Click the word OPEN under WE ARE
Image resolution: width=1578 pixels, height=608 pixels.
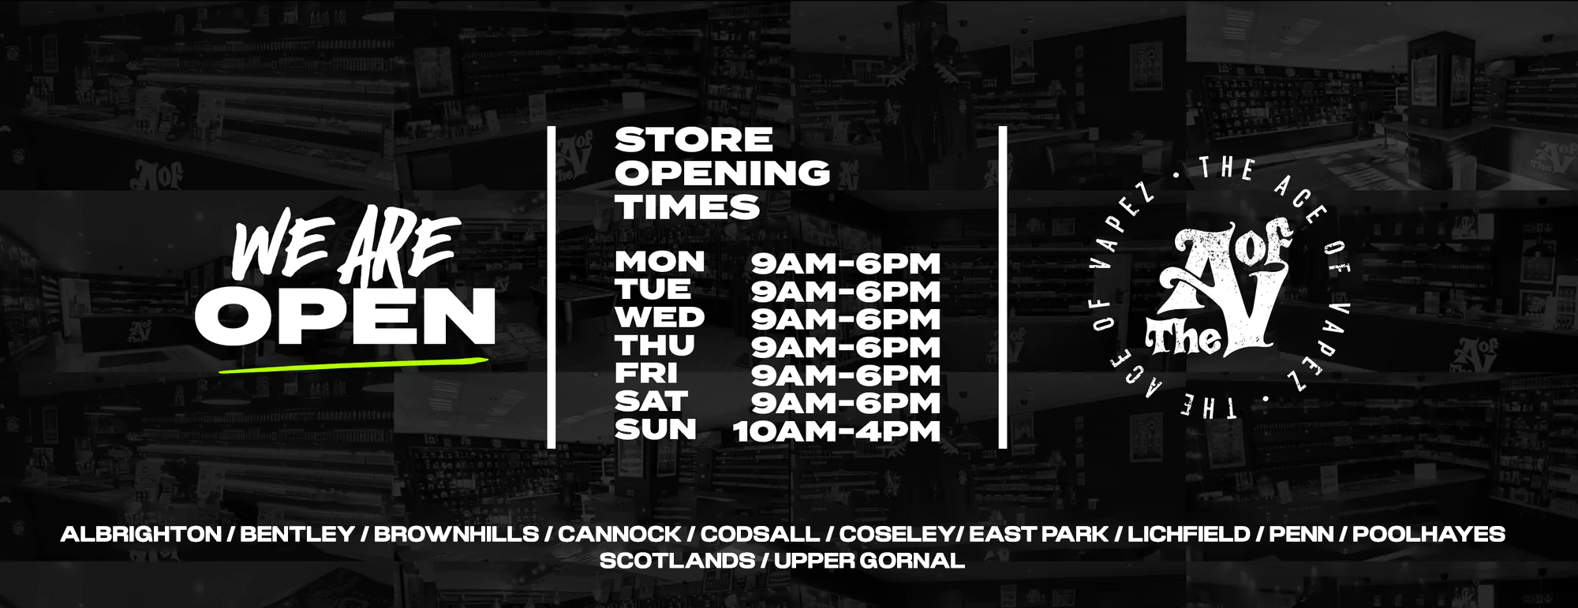point(345,315)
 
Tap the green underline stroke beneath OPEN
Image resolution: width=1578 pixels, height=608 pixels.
point(353,364)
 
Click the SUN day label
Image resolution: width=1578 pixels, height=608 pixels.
point(656,431)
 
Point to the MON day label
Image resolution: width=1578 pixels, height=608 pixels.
point(660,262)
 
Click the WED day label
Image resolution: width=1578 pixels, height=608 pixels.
point(660,318)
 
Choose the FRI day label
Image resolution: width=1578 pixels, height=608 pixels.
point(646,373)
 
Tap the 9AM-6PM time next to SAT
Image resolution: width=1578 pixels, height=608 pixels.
point(846,404)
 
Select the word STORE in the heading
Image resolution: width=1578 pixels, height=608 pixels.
point(694,140)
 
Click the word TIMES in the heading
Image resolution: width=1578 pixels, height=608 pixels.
point(687,207)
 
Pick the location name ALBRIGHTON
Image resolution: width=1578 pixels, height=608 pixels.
point(141,534)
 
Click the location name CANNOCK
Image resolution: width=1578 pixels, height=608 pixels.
point(619,534)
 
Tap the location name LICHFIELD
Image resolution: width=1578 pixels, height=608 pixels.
point(1189,534)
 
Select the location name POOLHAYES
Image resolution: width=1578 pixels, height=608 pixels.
point(1429,534)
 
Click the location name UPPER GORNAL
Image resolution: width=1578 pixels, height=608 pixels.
point(869,561)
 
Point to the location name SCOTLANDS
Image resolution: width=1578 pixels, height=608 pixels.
point(677,561)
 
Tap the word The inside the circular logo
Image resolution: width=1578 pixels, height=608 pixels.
point(1183,339)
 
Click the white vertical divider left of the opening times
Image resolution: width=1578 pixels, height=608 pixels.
point(552,287)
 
